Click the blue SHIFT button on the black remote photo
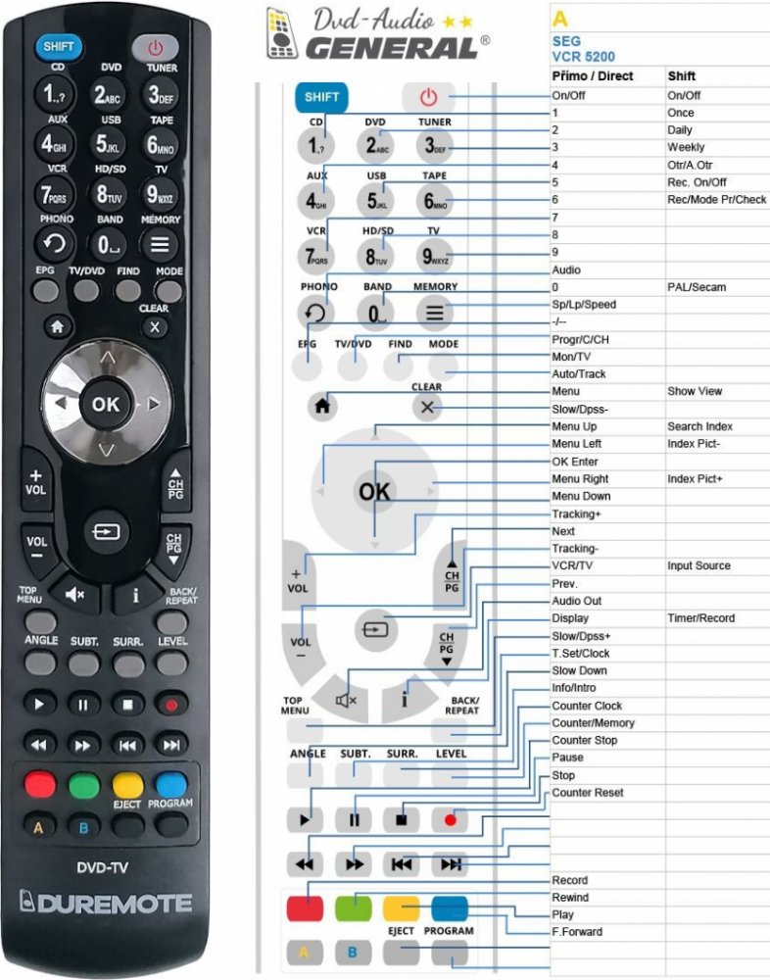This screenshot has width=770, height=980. click(x=58, y=46)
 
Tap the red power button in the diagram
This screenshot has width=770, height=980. click(x=427, y=97)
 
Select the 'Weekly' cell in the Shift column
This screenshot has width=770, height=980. click(x=686, y=147)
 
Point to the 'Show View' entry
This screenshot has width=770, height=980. click(x=695, y=391)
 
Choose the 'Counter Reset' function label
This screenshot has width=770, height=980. click(x=587, y=792)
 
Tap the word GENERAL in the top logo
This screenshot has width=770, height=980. click(x=391, y=46)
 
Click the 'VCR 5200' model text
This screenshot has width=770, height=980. click(x=584, y=57)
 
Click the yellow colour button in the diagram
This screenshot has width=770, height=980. click(x=402, y=907)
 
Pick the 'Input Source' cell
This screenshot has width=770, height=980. click(x=698, y=565)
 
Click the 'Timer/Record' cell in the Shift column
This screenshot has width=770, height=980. click(x=699, y=618)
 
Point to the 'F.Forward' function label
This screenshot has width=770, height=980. click(x=577, y=932)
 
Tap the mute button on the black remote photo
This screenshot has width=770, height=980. click(x=75, y=593)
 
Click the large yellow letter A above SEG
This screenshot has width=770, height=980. click(x=559, y=19)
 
